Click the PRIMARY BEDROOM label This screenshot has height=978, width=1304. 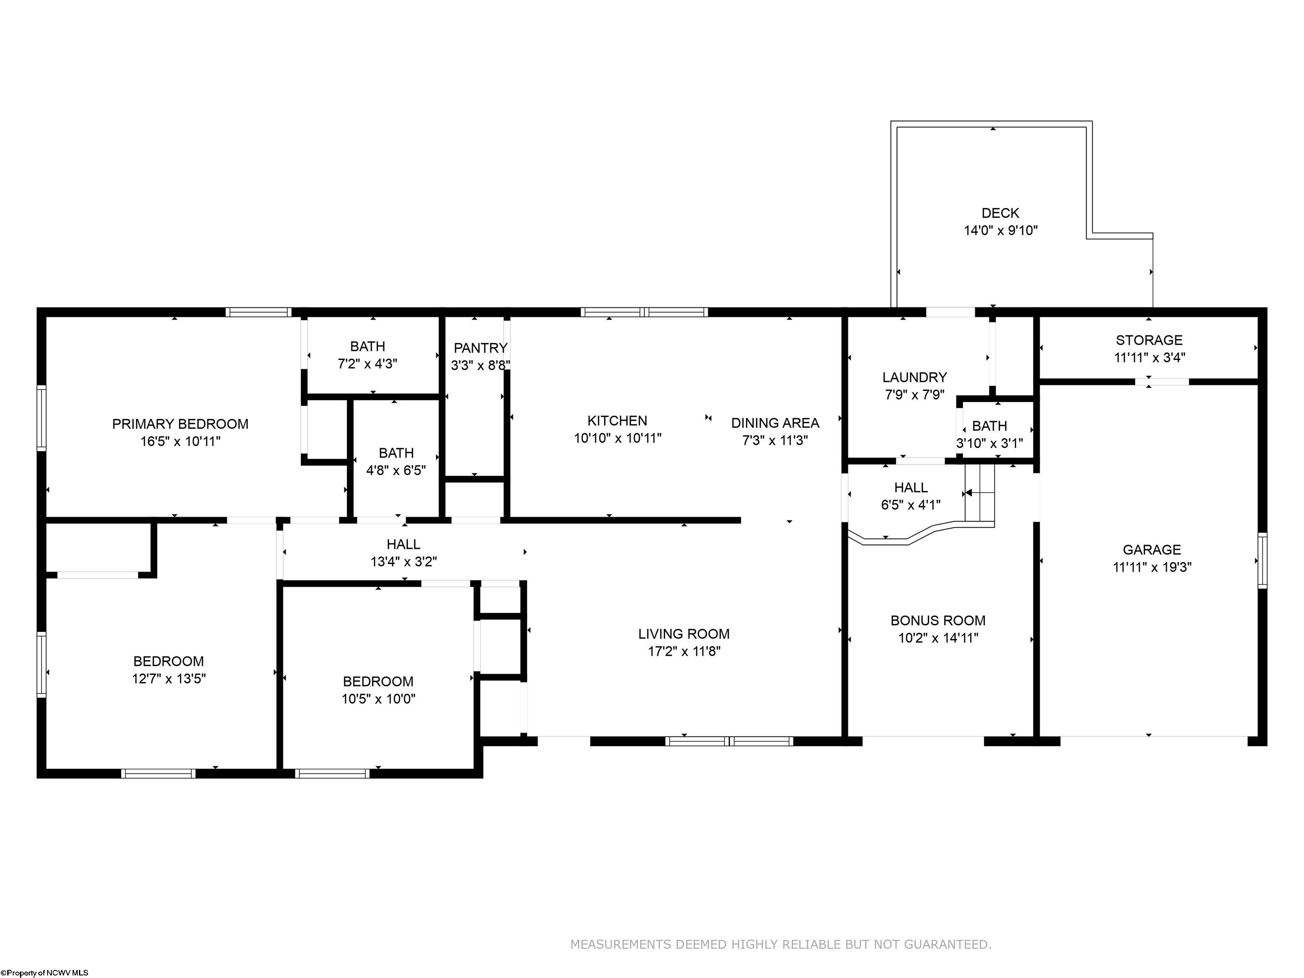[180, 424]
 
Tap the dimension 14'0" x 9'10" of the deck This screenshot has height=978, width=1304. [1000, 230]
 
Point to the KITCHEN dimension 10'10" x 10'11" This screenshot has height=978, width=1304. [617, 438]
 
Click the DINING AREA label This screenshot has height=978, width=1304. [775, 423]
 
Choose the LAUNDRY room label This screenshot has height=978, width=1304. [914, 377]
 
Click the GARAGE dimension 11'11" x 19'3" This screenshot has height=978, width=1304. [1152, 567]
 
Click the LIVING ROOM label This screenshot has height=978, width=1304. [683, 634]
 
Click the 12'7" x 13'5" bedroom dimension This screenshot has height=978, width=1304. [169, 678]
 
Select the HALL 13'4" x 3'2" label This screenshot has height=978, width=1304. [403, 544]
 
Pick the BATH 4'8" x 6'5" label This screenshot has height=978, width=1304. [396, 453]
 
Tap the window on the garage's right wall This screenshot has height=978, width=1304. [1262, 561]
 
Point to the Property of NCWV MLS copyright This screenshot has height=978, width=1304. [45, 973]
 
